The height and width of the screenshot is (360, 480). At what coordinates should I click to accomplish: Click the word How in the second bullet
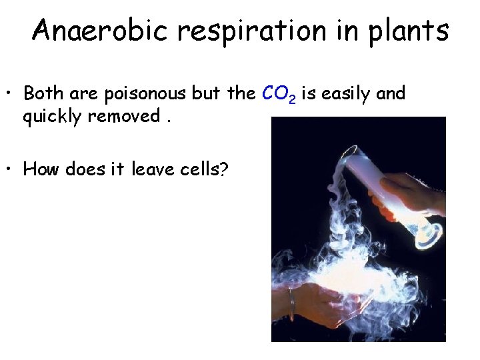click(x=41, y=169)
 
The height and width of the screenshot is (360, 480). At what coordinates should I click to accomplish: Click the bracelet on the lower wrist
click(x=291, y=298)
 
